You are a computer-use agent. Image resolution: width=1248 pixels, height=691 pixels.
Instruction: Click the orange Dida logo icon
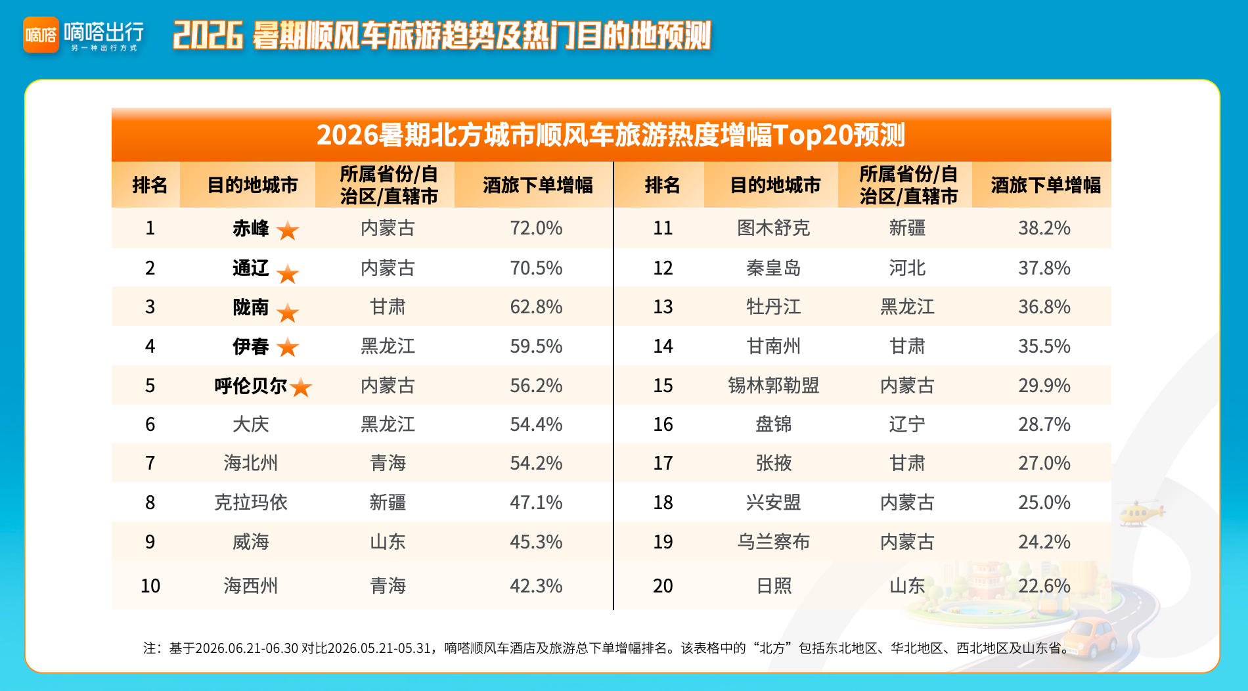click(41, 35)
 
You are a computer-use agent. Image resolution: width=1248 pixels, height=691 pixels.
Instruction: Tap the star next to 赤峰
click(288, 231)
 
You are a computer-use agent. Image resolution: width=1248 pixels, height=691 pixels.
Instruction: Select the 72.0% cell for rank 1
click(536, 228)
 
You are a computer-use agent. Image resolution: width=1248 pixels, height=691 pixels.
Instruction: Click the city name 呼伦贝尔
click(251, 386)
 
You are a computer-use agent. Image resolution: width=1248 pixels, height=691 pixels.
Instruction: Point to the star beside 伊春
click(288, 347)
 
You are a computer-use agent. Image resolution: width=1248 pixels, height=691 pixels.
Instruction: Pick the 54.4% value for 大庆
click(536, 424)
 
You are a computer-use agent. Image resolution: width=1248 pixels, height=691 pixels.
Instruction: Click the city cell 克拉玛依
click(251, 502)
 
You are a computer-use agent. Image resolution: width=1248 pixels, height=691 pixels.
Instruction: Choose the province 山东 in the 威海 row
click(388, 542)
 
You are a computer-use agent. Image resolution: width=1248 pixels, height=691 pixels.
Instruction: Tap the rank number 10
click(150, 586)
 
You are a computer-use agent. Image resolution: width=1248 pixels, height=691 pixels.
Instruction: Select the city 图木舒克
click(774, 228)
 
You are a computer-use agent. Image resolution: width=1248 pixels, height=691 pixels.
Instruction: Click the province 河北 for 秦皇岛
click(907, 268)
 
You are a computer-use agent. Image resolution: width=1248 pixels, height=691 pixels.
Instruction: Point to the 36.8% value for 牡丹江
click(1044, 307)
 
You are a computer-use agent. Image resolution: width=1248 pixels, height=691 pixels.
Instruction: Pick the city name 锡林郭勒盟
click(774, 386)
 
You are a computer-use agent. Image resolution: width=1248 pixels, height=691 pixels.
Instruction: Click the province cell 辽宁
click(907, 424)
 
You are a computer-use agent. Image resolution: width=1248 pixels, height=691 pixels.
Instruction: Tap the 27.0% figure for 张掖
click(1044, 463)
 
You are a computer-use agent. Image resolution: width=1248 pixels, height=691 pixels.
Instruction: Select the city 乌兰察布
click(774, 542)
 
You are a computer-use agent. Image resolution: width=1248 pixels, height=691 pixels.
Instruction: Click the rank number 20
click(663, 586)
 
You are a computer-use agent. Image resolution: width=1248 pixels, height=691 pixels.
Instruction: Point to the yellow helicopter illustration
click(1142, 513)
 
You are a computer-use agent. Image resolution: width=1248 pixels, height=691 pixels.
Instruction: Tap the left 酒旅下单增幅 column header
click(538, 185)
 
